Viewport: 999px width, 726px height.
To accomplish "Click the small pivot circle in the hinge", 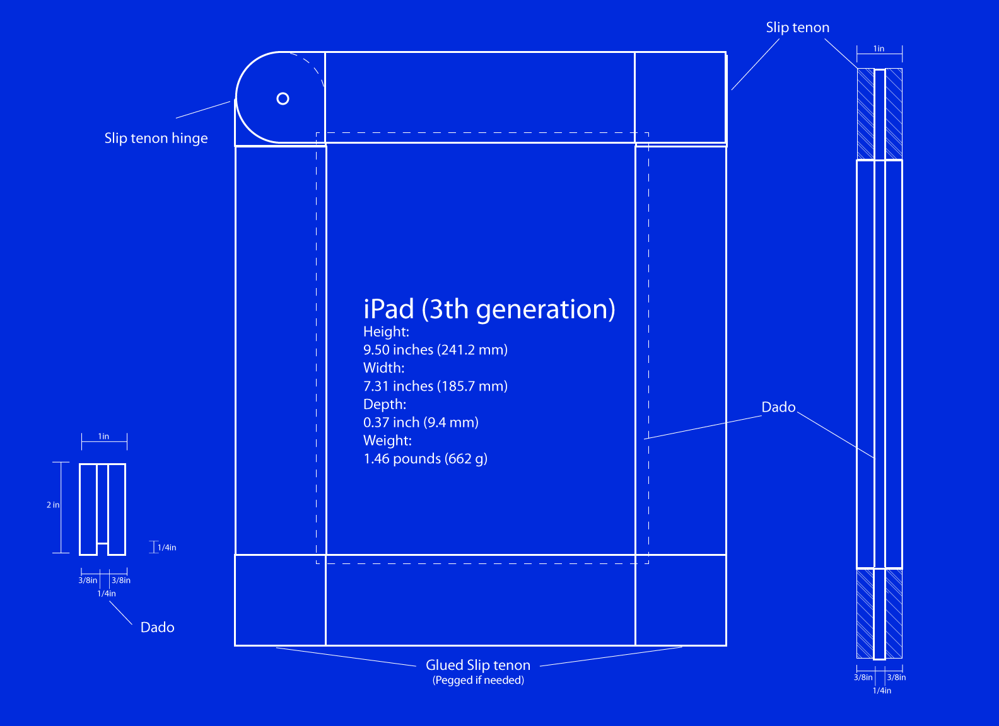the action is (x=283, y=98).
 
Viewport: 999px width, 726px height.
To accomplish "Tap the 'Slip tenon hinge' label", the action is (x=156, y=138).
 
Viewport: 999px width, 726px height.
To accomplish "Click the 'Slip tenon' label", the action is (x=798, y=28).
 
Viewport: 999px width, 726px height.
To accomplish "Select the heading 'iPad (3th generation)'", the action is (x=489, y=309).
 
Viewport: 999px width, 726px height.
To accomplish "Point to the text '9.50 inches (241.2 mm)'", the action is (x=435, y=350).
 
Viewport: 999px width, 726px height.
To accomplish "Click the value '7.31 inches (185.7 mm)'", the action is (x=435, y=386).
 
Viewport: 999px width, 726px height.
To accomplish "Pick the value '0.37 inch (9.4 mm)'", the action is (x=421, y=422).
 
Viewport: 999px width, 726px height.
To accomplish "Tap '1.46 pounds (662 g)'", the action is (x=426, y=459).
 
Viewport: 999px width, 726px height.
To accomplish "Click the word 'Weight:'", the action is (x=387, y=441).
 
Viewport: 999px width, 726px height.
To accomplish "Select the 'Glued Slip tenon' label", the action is (x=478, y=665).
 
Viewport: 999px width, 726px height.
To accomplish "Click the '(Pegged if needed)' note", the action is (x=478, y=680).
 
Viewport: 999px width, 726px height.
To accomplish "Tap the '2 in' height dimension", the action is (x=53, y=505).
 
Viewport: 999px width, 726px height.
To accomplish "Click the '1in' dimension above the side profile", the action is (x=879, y=49).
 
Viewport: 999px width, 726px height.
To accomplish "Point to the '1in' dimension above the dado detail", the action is (x=103, y=436).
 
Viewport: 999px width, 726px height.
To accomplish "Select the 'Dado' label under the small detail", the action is (x=158, y=628).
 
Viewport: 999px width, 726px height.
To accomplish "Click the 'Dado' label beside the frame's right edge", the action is (x=778, y=407).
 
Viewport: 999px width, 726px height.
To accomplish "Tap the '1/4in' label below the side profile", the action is (x=882, y=690).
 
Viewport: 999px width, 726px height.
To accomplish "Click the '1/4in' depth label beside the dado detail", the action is (x=166, y=548).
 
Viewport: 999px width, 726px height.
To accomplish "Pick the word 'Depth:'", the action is (x=385, y=404).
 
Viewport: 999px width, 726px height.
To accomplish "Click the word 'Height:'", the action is (x=386, y=331).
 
